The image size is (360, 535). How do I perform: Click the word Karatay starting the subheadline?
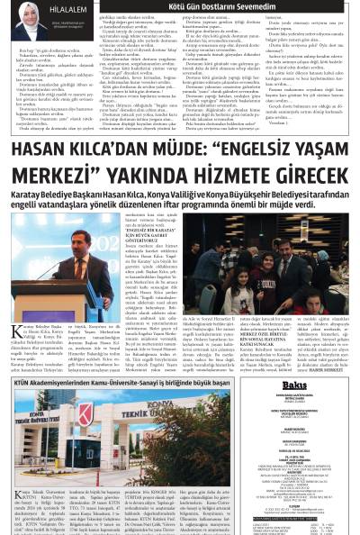pyautogui.click(x=28, y=194)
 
